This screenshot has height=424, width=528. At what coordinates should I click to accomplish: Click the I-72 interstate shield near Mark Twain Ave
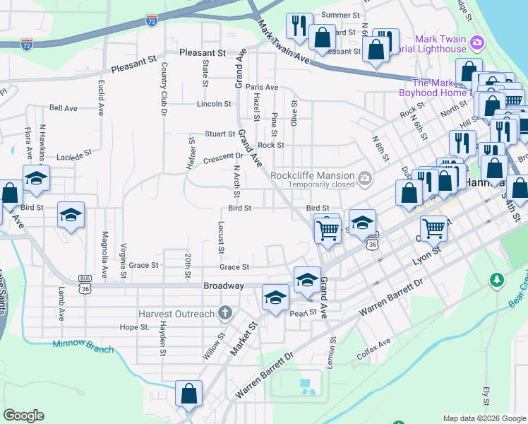(x=152, y=22)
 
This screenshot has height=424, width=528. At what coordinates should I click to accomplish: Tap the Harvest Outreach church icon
(x=224, y=312)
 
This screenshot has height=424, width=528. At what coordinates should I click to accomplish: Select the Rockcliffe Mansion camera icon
(x=365, y=177)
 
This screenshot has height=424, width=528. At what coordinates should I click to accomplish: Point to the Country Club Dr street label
(x=164, y=89)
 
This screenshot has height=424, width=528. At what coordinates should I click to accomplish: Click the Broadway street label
(x=223, y=285)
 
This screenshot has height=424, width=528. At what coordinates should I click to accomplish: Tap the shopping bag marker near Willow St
(x=188, y=394)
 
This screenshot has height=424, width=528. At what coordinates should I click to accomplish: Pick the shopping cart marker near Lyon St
(x=433, y=228)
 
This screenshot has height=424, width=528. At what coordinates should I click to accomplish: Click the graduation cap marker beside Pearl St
(x=275, y=298)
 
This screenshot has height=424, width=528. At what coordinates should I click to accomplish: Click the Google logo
(x=24, y=416)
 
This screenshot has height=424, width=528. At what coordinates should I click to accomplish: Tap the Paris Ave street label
(x=262, y=88)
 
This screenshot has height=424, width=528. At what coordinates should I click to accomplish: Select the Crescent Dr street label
(x=223, y=156)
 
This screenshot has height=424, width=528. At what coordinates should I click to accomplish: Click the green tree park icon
(x=497, y=281)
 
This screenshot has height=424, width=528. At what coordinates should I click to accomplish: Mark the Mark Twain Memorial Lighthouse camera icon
(x=477, y=44)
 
